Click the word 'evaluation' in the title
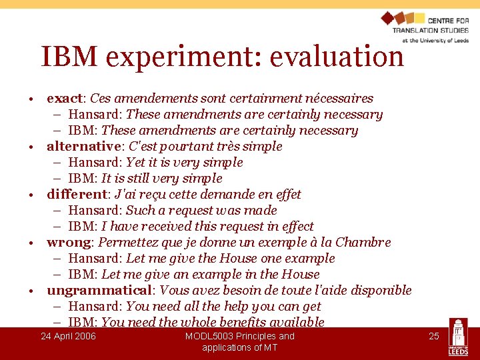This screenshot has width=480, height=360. pos(337,57)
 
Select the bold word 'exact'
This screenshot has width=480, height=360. pos(64,99)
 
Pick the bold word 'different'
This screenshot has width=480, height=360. pos(77,195)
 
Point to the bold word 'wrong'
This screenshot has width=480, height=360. pos(69,243)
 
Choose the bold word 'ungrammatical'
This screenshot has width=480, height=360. pos(99,291)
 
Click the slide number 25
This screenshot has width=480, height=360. pos(433,336)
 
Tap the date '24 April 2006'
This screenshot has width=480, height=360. pos(68,336)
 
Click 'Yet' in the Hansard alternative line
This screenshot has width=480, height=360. pos(136,163)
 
